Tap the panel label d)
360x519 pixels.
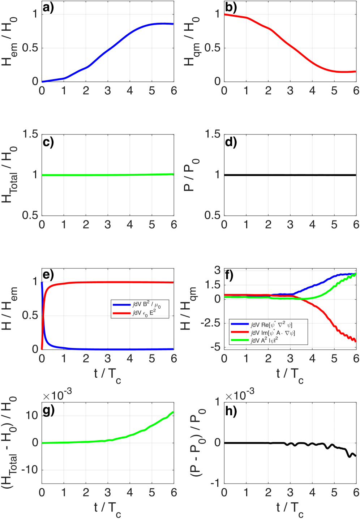231,142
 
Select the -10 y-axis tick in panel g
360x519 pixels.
32,470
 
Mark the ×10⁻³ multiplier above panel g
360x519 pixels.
57,395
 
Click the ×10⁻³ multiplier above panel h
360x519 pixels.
240,395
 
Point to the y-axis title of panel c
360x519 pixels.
10,175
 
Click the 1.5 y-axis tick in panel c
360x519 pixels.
30,134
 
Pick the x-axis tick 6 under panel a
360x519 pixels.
174,91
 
